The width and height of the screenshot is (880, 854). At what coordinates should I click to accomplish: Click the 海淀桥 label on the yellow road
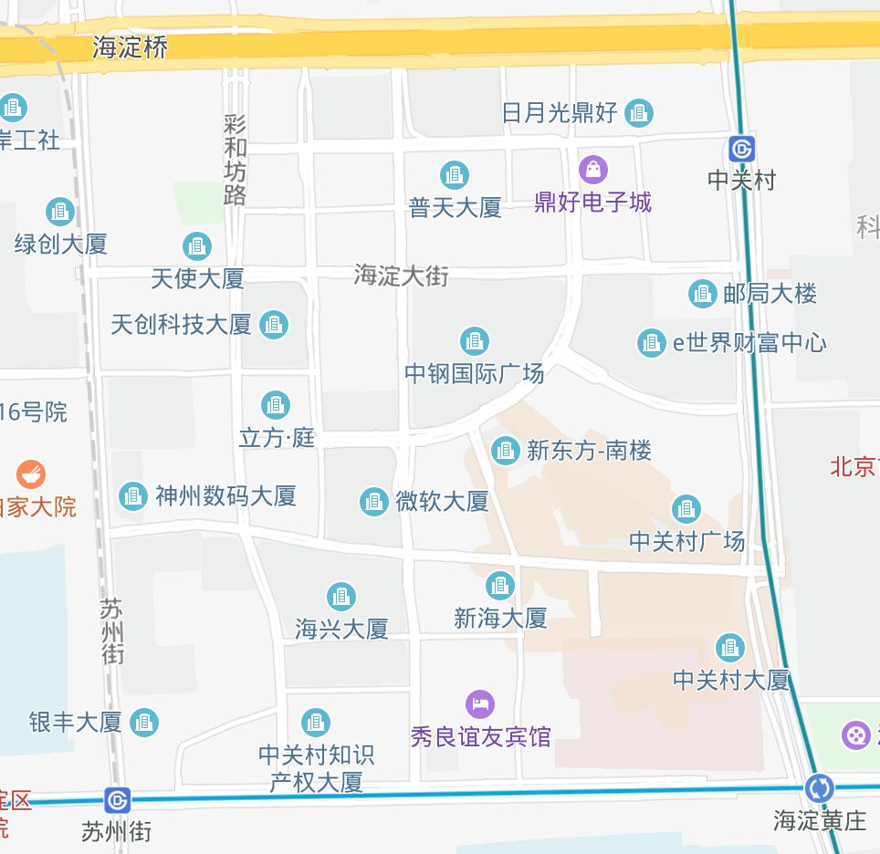(131, 47)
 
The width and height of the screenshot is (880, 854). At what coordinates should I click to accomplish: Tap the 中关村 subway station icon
(741, 149)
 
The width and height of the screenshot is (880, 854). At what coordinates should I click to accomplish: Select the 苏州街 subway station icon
(117, 800)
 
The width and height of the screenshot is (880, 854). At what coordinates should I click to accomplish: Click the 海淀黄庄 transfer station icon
(819, 788)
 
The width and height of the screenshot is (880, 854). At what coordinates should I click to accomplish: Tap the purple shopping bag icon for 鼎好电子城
(593, 169)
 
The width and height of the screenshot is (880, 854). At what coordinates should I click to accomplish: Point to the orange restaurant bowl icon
(31, 474)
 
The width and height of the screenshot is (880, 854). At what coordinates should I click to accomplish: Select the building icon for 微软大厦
(373, 501)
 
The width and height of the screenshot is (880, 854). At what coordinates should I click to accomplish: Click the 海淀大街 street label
(402, 275)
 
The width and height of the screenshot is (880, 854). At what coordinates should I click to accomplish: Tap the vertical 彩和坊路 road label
(235, 160)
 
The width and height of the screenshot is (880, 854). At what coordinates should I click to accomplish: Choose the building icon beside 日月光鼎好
(639, 113)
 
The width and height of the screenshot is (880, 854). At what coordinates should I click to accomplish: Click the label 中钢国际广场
(474, 373)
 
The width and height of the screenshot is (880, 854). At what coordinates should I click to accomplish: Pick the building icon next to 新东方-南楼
(505, 450)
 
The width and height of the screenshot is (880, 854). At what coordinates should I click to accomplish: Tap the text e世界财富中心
(749, 343)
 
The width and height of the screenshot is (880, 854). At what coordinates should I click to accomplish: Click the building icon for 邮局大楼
(702, 294)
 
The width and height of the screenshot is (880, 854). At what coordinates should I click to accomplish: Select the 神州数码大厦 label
(225, 496)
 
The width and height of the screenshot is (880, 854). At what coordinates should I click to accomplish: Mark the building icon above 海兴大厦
(341, 597)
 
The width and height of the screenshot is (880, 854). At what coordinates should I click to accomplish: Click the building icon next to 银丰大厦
(143, 723)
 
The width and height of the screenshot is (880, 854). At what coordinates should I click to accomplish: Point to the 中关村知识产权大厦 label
(316, 768)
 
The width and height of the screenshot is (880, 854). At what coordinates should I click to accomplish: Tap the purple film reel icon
(856, 734)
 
